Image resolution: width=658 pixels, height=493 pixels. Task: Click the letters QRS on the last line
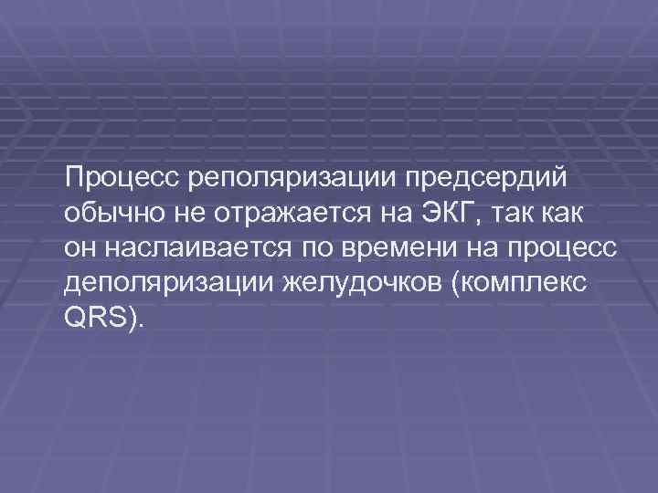[x=92, y=322]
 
